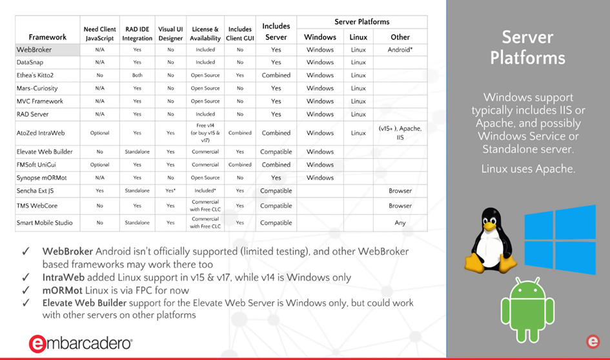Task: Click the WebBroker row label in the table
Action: (34, 50)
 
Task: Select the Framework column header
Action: (48, 37)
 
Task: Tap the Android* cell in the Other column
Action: (400, 50)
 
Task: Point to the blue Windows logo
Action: (559, 239)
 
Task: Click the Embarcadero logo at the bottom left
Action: (81, 343)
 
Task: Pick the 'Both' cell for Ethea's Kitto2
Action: (137, 75)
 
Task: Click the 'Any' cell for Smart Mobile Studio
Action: (400, 223)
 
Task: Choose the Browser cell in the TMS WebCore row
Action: (400, 206)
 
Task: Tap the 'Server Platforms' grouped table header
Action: (362, 22)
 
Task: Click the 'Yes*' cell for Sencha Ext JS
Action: (170, 191)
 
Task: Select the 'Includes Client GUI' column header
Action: (240, 34)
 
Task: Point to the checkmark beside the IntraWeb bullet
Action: (26, 277)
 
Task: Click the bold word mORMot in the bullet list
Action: (63, 290)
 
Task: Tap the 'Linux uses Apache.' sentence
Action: (528, 169)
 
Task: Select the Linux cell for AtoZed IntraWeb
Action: (358, 133)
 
